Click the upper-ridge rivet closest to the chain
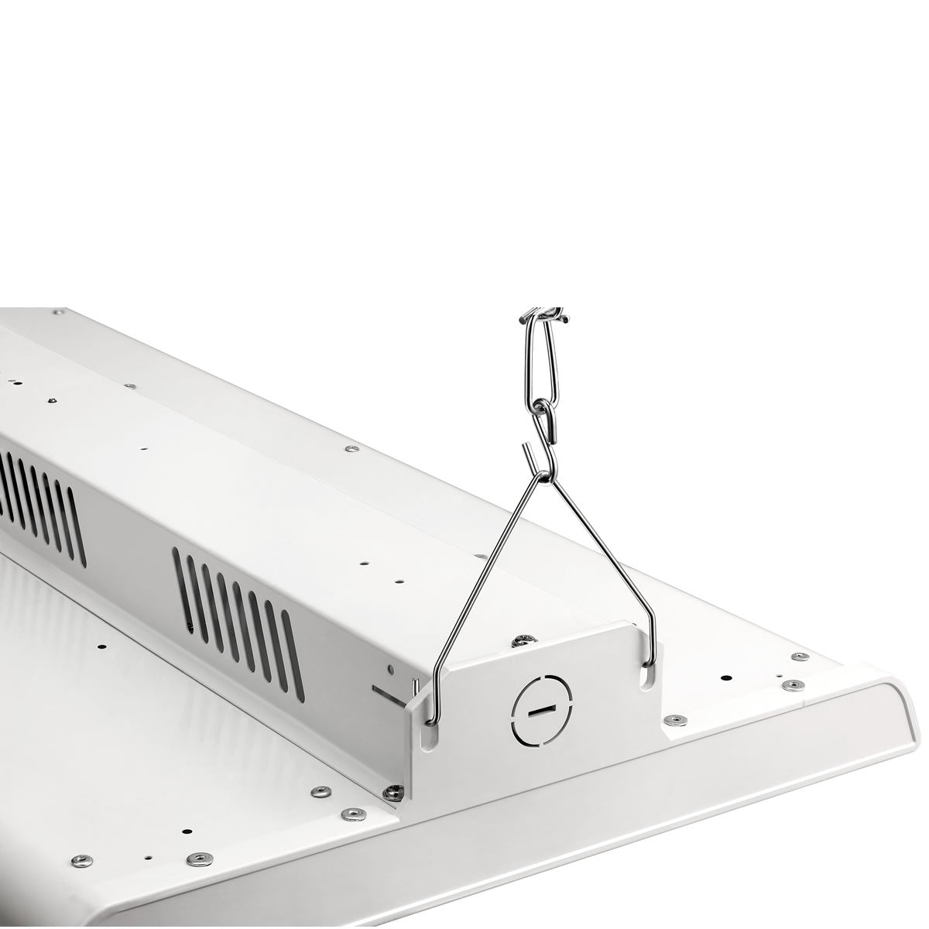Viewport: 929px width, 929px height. point(352,447)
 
